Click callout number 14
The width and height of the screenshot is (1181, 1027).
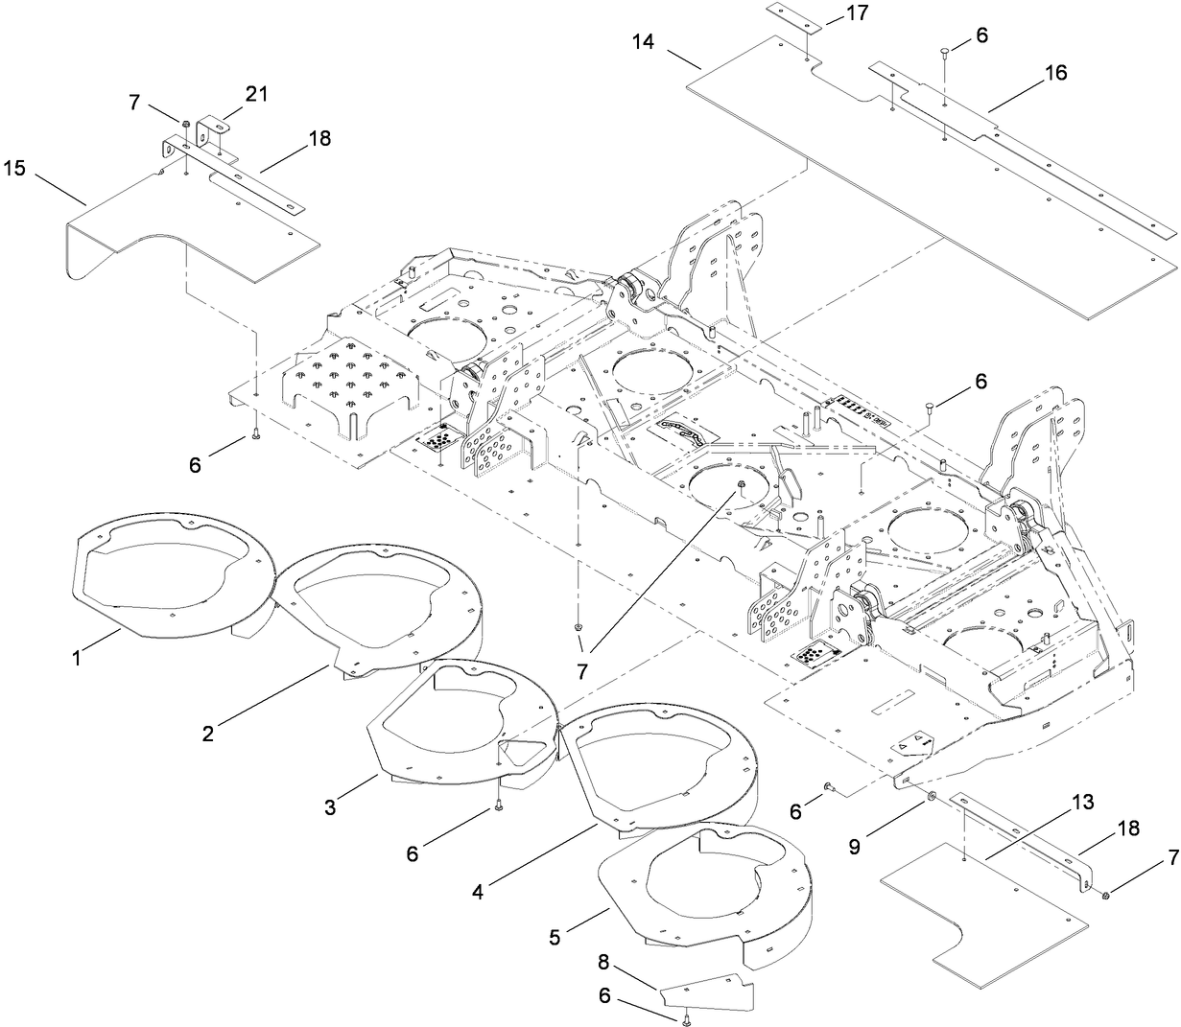[646, 41]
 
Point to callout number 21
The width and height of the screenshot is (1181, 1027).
[256, 94]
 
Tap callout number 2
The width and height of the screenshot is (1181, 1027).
[207, 734]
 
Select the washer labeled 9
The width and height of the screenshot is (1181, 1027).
[933, 799]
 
